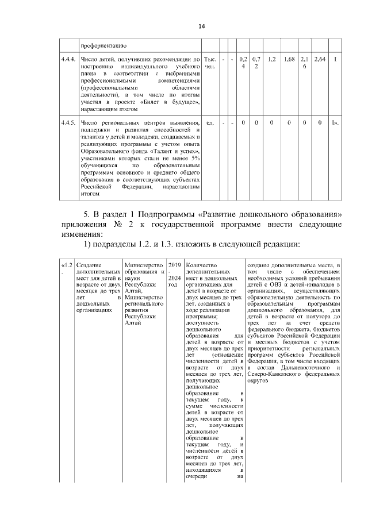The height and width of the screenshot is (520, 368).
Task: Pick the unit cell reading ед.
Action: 210,122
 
